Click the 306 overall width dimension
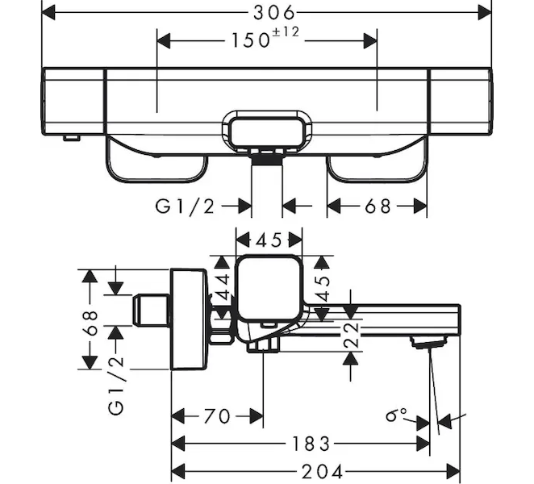(x=268, y=12)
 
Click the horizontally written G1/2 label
(x=185, y=207)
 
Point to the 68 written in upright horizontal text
(x=376, y=207)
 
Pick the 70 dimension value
(x=216, y=416)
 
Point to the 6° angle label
(x=396, y=415)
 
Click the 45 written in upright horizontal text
(x=269, y=240)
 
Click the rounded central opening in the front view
(x=268, y=131)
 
